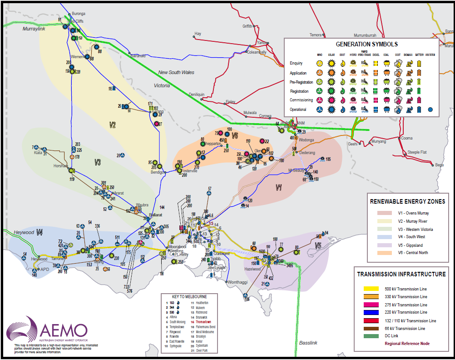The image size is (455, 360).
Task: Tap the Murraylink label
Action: (x=35, y=28)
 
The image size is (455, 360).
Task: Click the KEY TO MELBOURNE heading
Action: (x=189, y=296)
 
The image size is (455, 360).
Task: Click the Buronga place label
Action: (x=79, y=14)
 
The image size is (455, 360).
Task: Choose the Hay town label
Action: (x=198, y=34)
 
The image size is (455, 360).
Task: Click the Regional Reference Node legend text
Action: (x=407, y=343)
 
